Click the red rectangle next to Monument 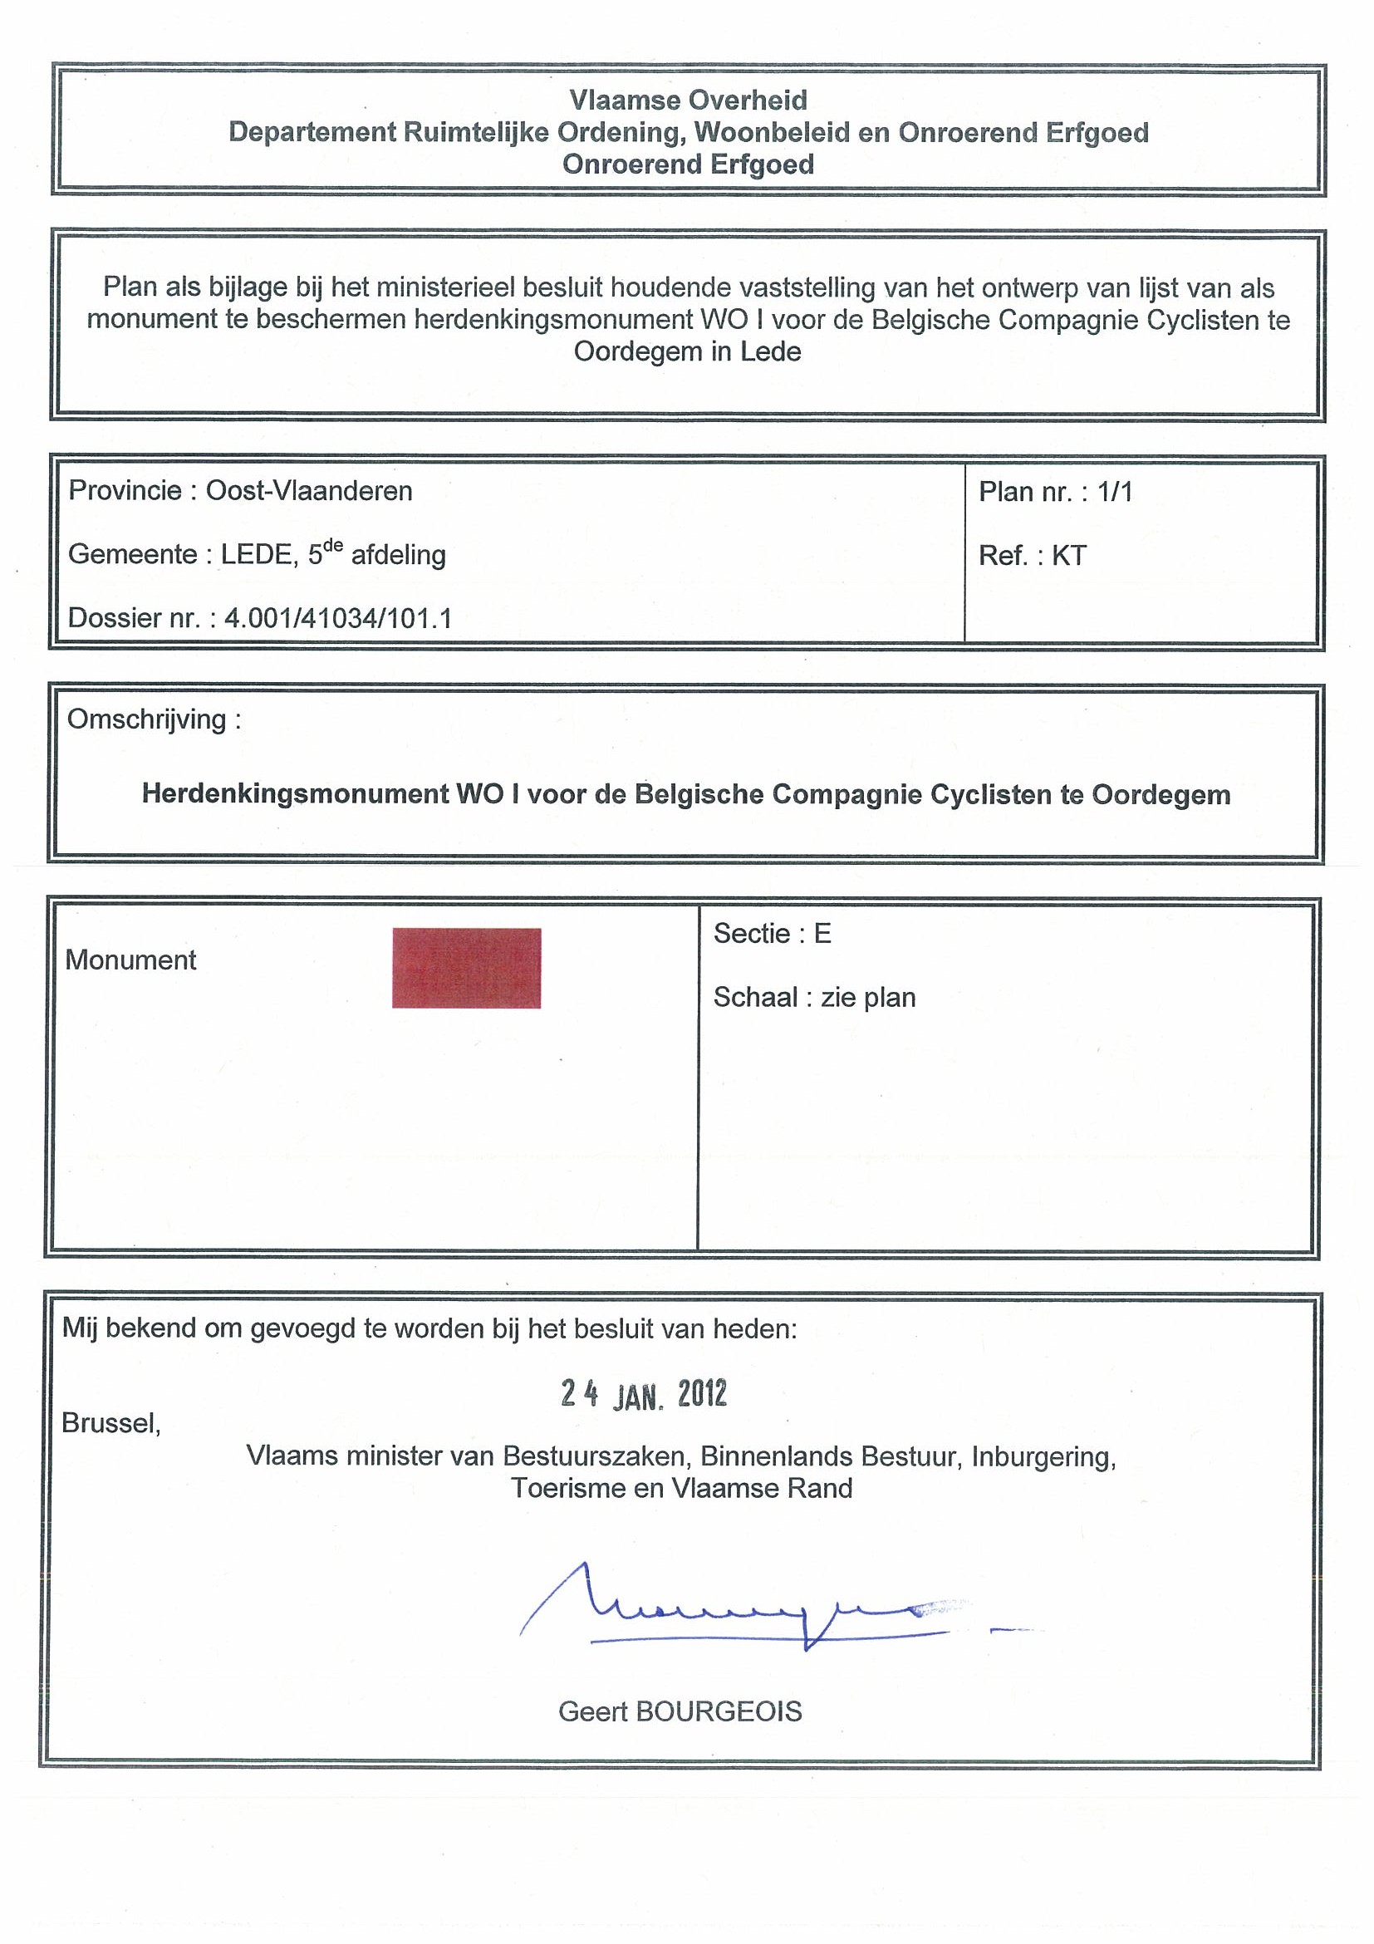466,968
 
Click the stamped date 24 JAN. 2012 644,1395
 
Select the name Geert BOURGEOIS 680,1711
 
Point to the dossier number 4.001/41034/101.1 338,618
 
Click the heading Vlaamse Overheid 688,100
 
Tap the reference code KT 1068,556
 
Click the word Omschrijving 146,719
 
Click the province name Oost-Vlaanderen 309,491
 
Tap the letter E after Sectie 822,933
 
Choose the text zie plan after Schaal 868,998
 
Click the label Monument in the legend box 130,960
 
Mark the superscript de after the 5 334,546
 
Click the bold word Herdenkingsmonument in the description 296,794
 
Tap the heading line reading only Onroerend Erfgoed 688,164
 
